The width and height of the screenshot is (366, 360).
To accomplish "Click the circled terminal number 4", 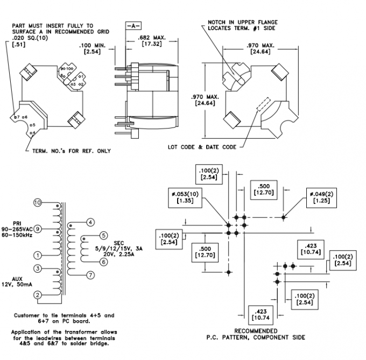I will point(90,222).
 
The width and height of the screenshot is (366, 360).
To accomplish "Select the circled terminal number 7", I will point(90,275).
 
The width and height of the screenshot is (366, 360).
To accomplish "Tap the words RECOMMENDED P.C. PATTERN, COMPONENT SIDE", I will point(256,334).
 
